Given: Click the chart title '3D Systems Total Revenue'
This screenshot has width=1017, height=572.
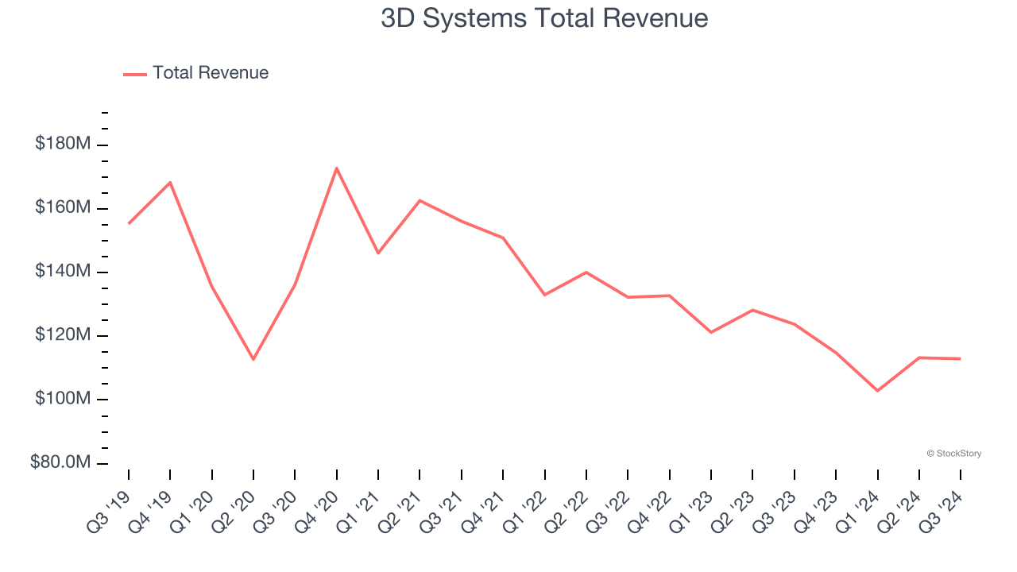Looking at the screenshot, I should click(544, 18).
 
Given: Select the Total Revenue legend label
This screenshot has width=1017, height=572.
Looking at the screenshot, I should click(211, 73).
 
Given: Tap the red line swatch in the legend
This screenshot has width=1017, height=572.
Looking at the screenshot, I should click(135, 74).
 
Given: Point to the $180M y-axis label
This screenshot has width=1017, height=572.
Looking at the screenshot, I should click(63, 144).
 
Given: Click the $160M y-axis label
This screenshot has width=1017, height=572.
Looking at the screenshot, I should click(63, 207).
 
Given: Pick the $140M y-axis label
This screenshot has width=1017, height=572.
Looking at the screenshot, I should click(63, 272).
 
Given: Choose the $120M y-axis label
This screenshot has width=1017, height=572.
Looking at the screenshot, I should click(63, 335).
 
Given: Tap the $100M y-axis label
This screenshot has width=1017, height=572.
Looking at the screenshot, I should click(63, 399).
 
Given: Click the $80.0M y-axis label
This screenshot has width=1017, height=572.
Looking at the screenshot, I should click(60, 462).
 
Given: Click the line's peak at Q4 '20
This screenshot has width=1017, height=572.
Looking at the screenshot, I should click(337, 168).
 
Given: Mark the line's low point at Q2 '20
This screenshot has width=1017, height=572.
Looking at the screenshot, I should click(253, 359).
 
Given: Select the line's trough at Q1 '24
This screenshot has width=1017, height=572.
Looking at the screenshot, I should click(877, 391).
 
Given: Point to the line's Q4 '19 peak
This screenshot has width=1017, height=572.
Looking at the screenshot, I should click(170, 182).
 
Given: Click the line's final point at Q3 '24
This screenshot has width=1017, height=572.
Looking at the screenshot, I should click(961, 358).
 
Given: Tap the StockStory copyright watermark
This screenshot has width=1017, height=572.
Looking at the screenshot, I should click(953, 454).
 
